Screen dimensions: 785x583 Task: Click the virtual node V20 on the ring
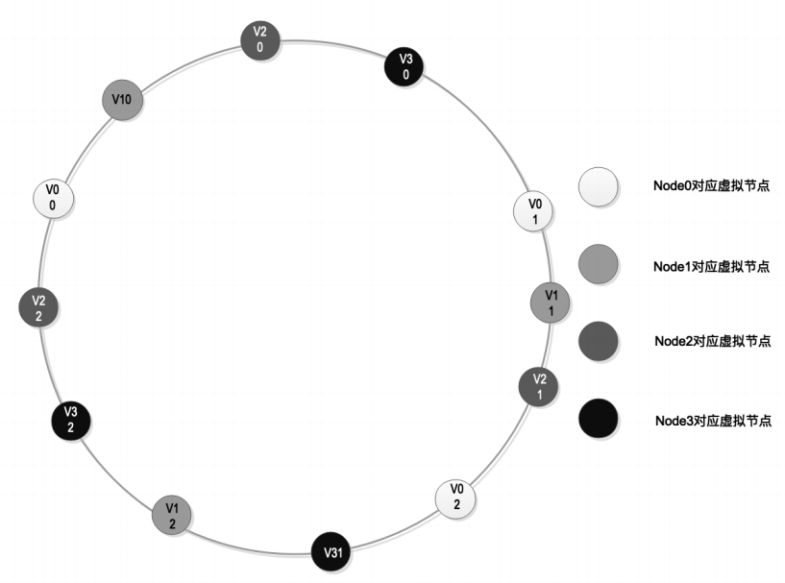tap(259, 40)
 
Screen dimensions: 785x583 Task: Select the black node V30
tap(404, 67)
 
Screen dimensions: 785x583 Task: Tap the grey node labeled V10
tap(122, 100)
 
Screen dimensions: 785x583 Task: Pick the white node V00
tap(53, 199)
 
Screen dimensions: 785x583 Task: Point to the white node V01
tap(533, 211)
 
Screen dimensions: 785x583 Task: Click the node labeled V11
tap(551, 303)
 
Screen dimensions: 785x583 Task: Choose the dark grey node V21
tap(538, 387)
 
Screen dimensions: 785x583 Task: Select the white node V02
tap(455, 498)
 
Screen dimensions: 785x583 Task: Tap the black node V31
tap(331, 551)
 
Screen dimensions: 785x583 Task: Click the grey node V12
tap(172, 516)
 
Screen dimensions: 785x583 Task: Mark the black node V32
tap(71, 421)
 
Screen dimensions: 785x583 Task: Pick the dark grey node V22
tap(38, 307)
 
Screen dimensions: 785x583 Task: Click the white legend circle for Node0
tap(599, 187)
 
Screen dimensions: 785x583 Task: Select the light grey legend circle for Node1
tap(599, 264)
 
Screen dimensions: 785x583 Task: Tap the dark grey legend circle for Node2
tap(599, 341)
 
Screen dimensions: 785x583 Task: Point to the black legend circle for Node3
tap(599, 419)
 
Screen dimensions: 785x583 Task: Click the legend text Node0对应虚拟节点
tap(711, 185)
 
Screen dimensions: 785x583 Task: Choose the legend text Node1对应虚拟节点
tap(711, 266)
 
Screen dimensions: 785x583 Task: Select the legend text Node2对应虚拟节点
tap(712, 341)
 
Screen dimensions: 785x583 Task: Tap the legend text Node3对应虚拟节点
tap(713, 421)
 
